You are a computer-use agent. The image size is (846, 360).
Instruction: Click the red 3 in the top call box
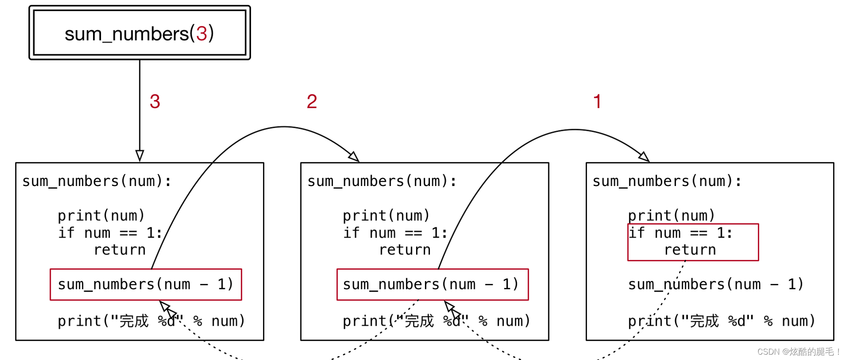[x=202, y=34]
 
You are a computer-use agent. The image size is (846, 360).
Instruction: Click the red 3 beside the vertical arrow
[x=155, y=101]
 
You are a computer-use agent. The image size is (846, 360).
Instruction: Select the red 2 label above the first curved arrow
[x=312, y=101]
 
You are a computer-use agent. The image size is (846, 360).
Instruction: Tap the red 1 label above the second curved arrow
[x=597, y=101]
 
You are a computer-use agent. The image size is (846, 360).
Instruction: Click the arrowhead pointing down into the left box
[x=140, y=156]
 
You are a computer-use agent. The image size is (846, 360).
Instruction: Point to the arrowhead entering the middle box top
[x=354, y=157]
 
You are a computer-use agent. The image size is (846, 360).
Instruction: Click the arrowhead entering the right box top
[x=644, y=157]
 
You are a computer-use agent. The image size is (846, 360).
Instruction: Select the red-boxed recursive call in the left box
[x=146, y=284]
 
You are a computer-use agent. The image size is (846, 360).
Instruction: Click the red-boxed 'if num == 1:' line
[x=680, y=233]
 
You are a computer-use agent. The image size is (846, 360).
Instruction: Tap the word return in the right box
[x=690, y=250]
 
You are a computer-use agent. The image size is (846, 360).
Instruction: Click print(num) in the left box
[x=101, y=216]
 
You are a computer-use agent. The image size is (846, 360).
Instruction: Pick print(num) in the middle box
[x=386, y=216]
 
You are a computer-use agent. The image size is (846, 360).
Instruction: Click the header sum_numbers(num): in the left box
[x=97, y=181]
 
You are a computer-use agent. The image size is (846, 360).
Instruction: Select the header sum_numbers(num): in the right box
[x=667, y=181]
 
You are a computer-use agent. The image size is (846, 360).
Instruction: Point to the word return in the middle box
[x=405, y=250]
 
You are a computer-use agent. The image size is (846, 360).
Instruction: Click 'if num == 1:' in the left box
[x=110, y=233]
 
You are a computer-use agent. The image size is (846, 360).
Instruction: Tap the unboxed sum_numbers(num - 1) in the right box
[x=716, y=284]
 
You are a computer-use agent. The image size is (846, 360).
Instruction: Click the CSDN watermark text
[x=797, y=352]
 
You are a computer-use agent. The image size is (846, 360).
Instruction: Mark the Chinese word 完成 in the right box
[x=704, y=321]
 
